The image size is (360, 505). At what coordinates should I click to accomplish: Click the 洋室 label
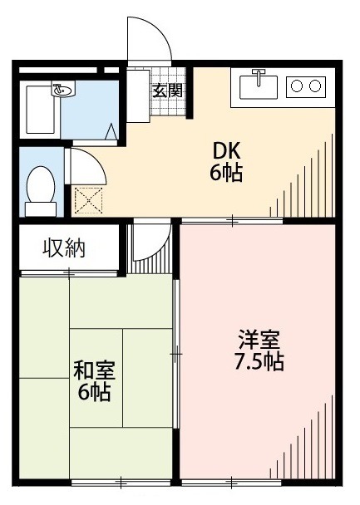259,340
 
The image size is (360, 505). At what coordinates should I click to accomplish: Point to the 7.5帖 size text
259,362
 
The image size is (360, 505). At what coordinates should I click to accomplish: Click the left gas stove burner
297,85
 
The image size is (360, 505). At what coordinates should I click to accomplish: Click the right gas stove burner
316,85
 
